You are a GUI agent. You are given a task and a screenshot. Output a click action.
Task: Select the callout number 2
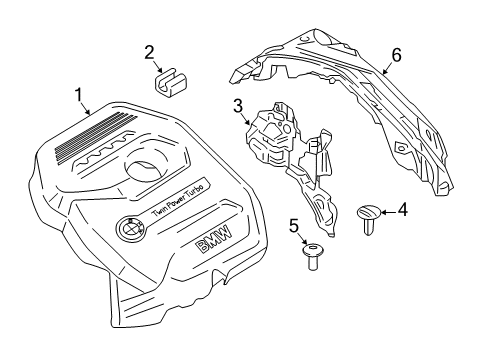pyautogui.click(x=148, y=52)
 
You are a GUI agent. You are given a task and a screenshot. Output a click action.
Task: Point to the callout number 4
pyautogui.click(x=403, y=210)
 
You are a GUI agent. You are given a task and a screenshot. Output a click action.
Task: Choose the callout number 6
pyautogui.click(x=396, y=55)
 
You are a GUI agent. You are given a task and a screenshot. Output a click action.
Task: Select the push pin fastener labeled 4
pyautogui.click(x=370, y=215)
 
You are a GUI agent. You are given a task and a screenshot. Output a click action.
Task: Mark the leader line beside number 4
pyautogui.click(x=390, y=211)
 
